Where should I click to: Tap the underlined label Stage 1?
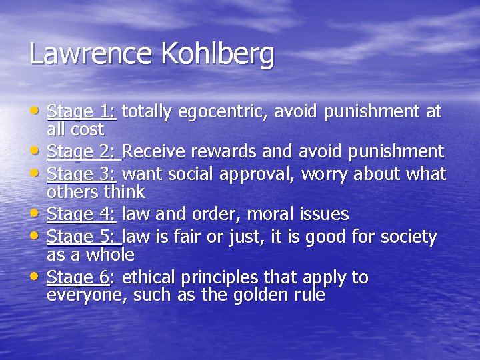coord(82,111)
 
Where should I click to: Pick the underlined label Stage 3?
coord(82,175)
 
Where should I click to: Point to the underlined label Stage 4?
coord(82,215)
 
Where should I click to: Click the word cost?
coord(89,129)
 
